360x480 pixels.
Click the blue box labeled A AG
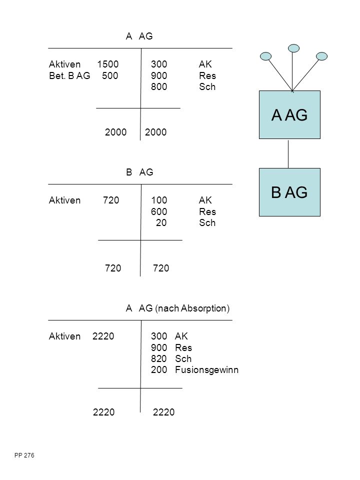coord(289,115)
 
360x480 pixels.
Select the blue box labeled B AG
coord(289,192)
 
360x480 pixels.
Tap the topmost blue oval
coord(293,48)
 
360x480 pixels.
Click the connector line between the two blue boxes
coord(288,153)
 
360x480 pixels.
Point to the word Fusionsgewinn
coord(206,370)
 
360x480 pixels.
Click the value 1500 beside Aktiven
coord(108,64)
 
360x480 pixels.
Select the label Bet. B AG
coord(69,75)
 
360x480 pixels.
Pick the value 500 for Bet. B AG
coord(110,75)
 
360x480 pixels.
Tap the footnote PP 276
coord(24,455)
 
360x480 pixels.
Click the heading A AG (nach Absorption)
coord(177,308)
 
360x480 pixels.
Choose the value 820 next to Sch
coord(159,358)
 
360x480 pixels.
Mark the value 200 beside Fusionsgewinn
coord(159,370)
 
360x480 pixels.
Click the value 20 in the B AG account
coord(161,222)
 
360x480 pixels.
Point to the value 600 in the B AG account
coord(159,211)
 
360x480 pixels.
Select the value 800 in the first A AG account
coord(159,86)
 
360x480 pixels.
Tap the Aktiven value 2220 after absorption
coord(103,336)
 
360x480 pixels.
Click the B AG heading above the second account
coord(139,172)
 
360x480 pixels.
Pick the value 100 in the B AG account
coord(159,200)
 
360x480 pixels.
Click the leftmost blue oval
coord(265,56)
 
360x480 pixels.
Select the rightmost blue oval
coord(321,56)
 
